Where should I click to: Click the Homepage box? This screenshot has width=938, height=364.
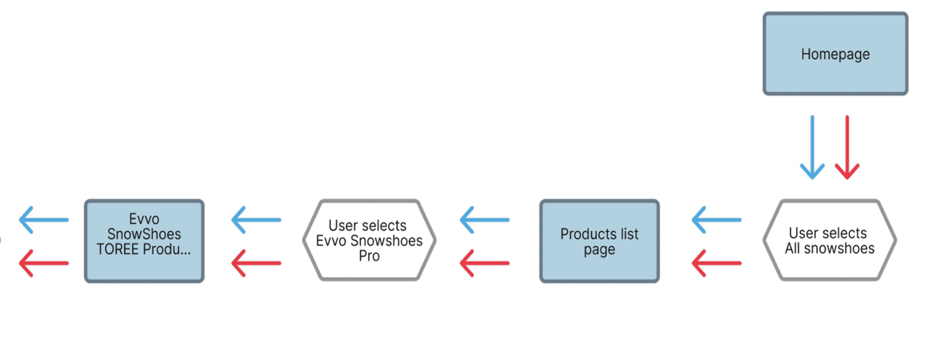click(x=835, y=54)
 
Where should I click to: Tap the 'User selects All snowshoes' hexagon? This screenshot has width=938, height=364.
click(x=830, y=241)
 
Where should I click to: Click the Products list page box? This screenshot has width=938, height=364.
click(x=599, y=241)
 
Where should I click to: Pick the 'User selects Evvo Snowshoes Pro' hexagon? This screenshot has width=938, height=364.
click(x=369, y=241)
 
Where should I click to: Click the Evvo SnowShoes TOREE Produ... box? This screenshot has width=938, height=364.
click(x=144, y=241)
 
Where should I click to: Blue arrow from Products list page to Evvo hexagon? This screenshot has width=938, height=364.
click(x=485, y=220)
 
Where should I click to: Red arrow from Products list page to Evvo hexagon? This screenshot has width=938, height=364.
click(x=485, y=263)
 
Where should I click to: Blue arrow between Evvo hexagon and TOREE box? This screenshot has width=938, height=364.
click(x=256, y=220)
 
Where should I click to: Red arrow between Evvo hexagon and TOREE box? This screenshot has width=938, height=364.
click(x=256, y=263)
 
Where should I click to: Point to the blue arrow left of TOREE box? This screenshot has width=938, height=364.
click(x=44, y=220)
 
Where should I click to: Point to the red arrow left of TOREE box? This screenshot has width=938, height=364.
click(x=44, y=263)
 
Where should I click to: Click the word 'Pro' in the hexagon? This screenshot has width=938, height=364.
click(x=369, y=256)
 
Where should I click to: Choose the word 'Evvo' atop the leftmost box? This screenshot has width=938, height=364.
click(x=144, y=219)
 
